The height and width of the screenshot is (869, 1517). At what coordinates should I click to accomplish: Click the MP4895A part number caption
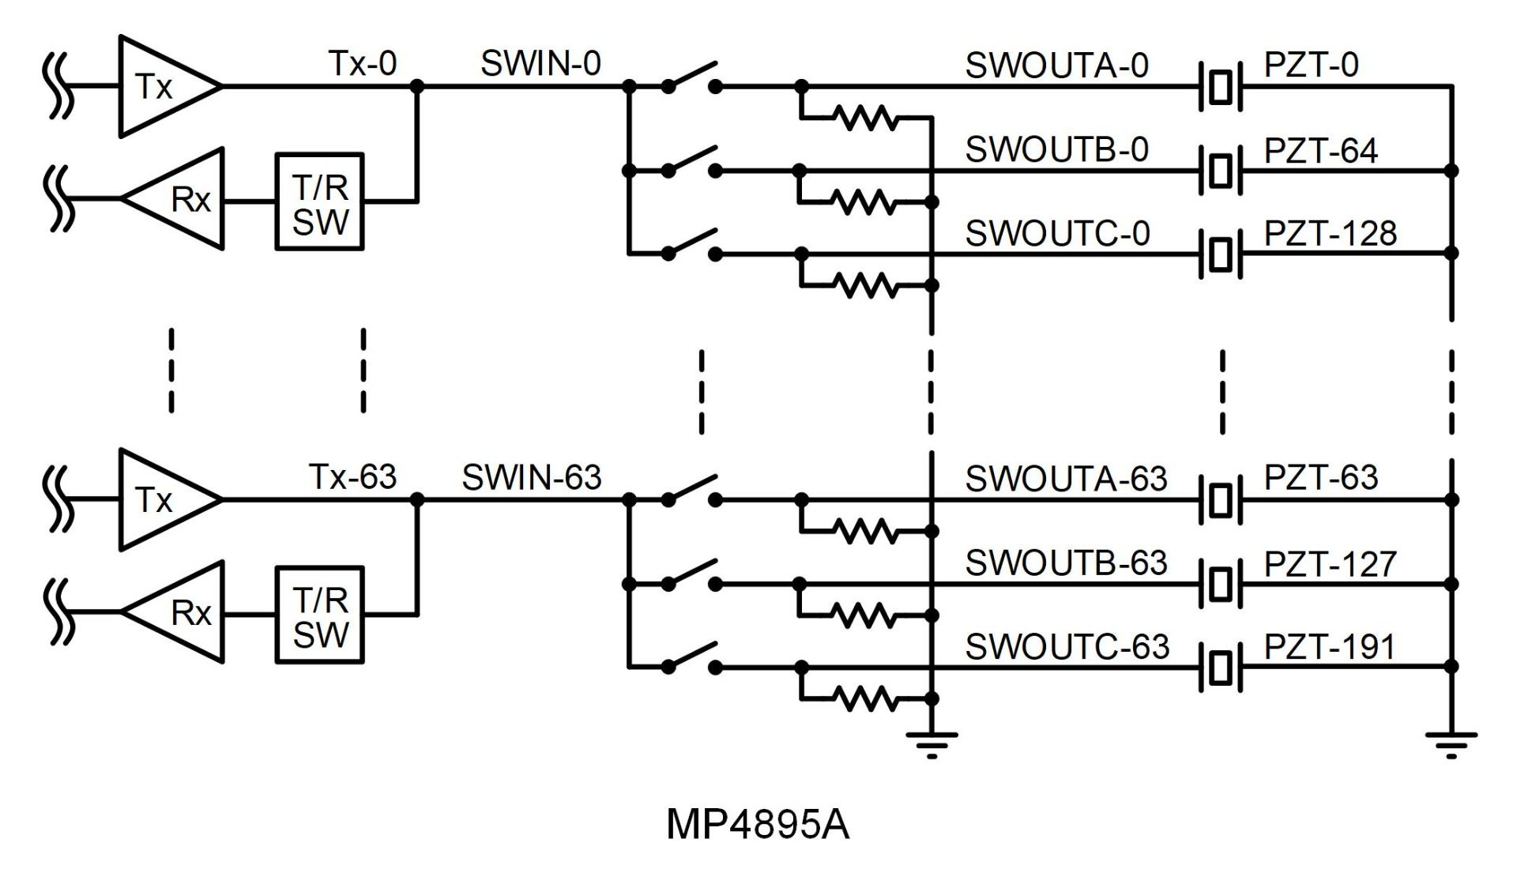757,825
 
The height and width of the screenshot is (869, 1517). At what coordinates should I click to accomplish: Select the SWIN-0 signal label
540,64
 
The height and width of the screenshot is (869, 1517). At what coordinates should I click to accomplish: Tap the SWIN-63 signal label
531,477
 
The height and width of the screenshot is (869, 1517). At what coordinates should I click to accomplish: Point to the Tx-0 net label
362,64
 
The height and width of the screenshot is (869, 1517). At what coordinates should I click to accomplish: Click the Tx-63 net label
352,476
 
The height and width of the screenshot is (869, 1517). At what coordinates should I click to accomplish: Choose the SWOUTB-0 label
1056,150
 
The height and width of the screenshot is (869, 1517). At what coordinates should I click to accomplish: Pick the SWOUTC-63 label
1067,647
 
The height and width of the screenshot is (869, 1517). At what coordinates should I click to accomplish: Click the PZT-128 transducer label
1331,234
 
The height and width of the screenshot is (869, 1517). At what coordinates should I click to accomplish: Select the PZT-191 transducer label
1330,647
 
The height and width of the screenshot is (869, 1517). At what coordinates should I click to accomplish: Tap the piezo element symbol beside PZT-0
1221,87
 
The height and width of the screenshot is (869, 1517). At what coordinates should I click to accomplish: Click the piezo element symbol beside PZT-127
1221,585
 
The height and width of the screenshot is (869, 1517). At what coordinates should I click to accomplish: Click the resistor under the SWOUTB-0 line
865,203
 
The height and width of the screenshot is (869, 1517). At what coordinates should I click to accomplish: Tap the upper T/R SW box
319,202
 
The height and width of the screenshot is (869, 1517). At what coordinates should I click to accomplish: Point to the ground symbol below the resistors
932,743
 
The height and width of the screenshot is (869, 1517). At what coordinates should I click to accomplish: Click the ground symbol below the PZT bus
1451,743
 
